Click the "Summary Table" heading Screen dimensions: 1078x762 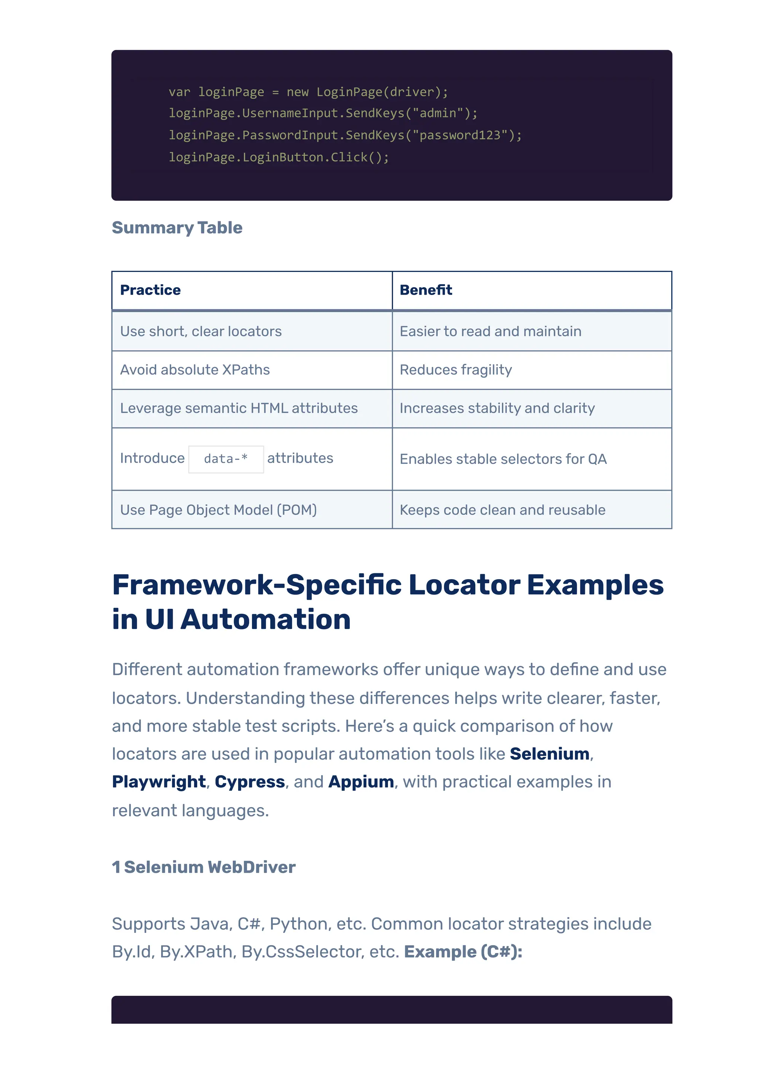click(x=177, y=228)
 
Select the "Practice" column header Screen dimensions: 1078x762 click(x=150, y=290)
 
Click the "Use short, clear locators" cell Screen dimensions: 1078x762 click(x=201, y=331)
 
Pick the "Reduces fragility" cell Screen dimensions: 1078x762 click(x=455, y=370)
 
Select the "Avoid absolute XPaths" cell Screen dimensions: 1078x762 click(x=195, y=370)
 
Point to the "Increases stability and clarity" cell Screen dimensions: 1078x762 click(x=497, y=408)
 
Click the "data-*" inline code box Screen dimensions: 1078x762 click(x=226, y=459)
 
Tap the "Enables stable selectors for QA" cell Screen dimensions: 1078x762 click(x=503, y=459)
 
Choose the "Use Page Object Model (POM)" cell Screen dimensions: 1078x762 click(x=218, y=510)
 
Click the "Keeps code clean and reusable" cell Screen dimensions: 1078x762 click(x=502, y=510)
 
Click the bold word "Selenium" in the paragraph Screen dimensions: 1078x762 click(x=549, y=754)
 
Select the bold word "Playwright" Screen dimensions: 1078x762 click(x=159, y=782)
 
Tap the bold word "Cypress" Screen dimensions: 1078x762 click(x=250, y=782)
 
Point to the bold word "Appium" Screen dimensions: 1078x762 click(x=361, y=782)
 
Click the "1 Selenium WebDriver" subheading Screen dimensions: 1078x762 click(x=204, y=867)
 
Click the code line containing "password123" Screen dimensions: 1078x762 click(x=345, y=135)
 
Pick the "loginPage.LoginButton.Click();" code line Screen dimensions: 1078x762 click(x=279, y=157)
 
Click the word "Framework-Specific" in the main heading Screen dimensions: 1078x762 click(x=257, y=585)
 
